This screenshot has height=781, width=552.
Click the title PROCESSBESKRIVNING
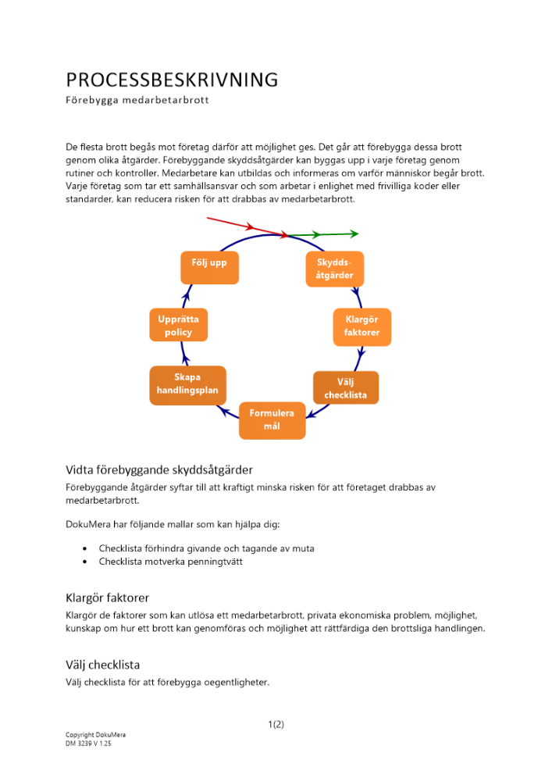[x=172, y=80]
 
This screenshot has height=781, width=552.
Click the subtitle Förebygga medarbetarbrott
[x=137, y=101]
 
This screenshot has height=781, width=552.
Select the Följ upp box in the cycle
[x=209, y=266]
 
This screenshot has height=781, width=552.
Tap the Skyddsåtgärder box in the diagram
[x=334, y=268]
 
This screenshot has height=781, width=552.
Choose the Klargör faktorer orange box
[x=361, y=326]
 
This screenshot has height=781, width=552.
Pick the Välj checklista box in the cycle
[x=346, y=387]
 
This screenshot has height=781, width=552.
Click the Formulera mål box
[x=272, y=420]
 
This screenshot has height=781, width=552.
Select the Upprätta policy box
[x=179, y=326]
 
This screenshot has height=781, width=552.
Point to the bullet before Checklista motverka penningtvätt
[x=85, y=562]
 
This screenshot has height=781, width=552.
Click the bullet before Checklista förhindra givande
[x=85, y=549]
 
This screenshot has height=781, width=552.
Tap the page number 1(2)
[x=276, y=724]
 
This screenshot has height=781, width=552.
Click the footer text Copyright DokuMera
[x=95, y=736]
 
